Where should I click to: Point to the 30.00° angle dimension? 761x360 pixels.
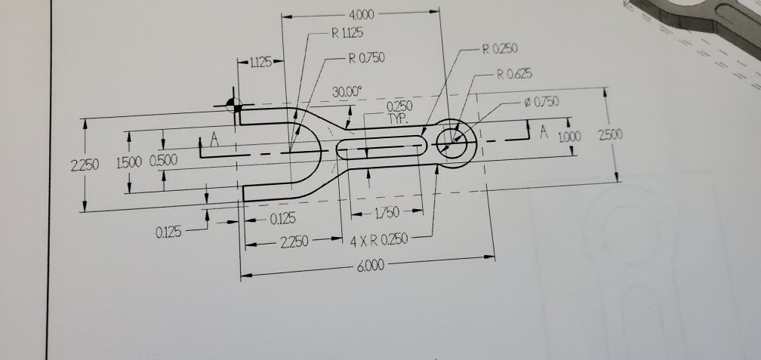point(348,92)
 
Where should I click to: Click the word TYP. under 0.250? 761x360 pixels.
point(398,119)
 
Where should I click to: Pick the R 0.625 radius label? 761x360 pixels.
point(513,74)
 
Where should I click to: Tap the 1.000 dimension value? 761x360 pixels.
point(570,137)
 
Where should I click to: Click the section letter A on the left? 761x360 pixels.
point(214,140)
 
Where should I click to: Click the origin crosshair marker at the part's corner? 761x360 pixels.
point(235,106)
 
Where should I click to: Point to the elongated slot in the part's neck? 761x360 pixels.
point(381,146)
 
